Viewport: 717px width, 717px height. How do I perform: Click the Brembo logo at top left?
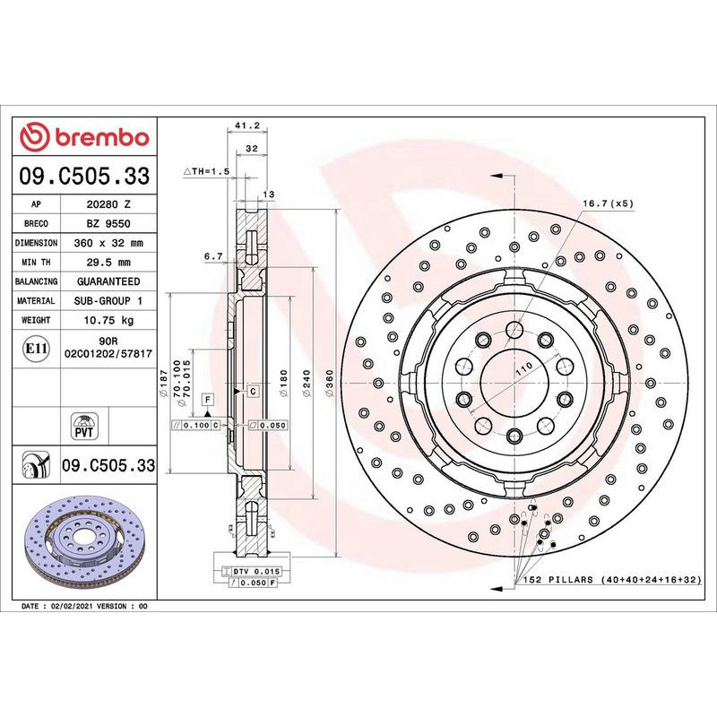[84, 138]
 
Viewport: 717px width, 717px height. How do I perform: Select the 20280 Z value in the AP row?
[108, 204]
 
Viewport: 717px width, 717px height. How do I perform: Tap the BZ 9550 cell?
[108, 223]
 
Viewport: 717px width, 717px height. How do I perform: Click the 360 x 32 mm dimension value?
[108, 243]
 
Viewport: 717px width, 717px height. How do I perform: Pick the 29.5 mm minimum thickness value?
[108, 263]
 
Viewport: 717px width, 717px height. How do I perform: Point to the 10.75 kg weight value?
[108, 320]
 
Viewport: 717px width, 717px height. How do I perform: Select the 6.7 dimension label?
[213, 256]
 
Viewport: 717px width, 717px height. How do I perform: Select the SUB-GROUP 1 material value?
[108, 301]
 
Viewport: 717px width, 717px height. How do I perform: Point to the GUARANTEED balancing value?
[108, 281]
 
